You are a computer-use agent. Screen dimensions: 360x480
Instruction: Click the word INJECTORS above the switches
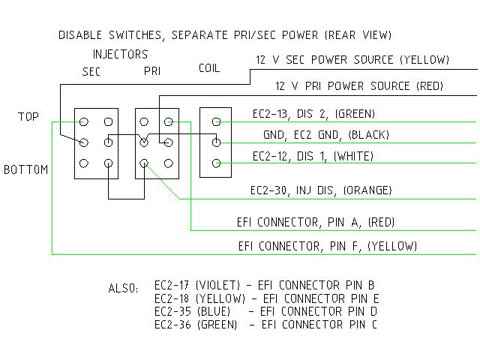[120, 55]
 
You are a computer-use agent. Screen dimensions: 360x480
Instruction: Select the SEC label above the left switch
[91, 72]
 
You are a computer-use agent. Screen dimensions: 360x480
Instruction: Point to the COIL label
[209, 68]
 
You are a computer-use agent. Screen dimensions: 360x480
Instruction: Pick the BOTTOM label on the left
[25, 169]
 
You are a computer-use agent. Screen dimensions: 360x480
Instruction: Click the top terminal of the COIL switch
[217, 121]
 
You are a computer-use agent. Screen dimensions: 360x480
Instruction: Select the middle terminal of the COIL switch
[217, 142]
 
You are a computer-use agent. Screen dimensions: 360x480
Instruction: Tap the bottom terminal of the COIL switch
[217, 163]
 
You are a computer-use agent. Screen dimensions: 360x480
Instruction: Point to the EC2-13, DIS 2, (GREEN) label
[313, 114]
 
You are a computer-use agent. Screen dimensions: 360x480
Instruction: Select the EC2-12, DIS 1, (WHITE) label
[313, 156]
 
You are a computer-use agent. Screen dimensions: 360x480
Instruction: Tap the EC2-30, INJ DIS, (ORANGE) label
[321, 190]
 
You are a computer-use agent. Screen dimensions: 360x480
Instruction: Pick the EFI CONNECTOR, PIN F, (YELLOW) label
[327, 245]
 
